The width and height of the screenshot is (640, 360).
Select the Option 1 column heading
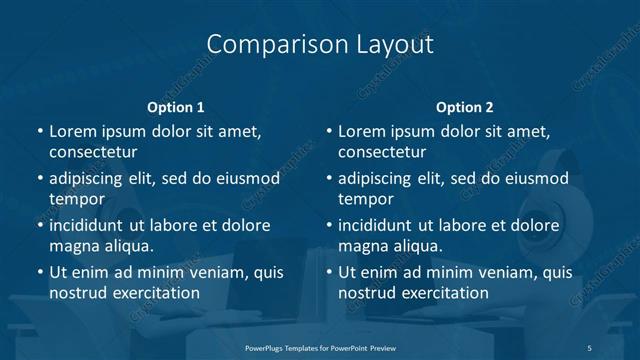[175, 107]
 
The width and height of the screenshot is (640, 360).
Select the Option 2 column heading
[464, 107]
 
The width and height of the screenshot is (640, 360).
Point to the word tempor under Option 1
[77, 199]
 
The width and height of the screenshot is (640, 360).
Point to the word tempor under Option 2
[366, 199]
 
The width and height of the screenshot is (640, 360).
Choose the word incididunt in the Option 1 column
[91, 225]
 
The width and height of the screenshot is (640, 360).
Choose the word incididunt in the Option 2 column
[380, 225]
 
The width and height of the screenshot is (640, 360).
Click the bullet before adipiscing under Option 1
[39, 179]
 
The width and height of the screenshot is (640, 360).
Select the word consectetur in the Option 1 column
[93, 152]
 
